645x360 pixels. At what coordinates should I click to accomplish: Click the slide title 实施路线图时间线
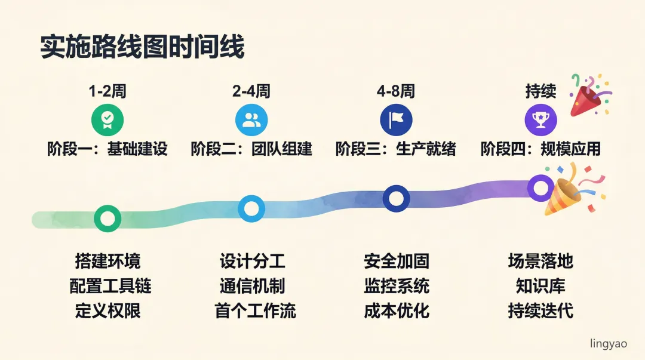click(x=142, y=47)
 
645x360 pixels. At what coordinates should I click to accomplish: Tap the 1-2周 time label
click(x=107, y=91)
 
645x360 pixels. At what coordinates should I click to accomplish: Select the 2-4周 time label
click(x=251, y=91)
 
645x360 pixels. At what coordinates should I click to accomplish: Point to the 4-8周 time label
click(x=396, y=91)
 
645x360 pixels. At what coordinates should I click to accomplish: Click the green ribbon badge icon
click(x=107, y=120)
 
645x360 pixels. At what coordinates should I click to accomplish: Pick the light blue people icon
click(x=251, y=120)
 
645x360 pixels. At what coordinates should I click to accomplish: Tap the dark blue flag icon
click(x=396, y=120)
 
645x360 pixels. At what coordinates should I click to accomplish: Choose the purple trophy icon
click(x=540, y=120)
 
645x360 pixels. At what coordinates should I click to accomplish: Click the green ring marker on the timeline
click(x=107, y=218)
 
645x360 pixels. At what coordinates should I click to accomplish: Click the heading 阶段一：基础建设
click(x=107, y=149)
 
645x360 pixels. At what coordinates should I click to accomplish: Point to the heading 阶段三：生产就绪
click(x=396, y=149)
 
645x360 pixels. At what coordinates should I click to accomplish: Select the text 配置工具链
click(x=110, y=285)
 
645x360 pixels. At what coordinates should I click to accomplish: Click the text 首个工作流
click(x=255, y=310)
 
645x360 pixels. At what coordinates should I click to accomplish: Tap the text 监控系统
click(x=397, y=285)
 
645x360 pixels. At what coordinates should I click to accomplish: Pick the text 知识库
click(x=540, y=285)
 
